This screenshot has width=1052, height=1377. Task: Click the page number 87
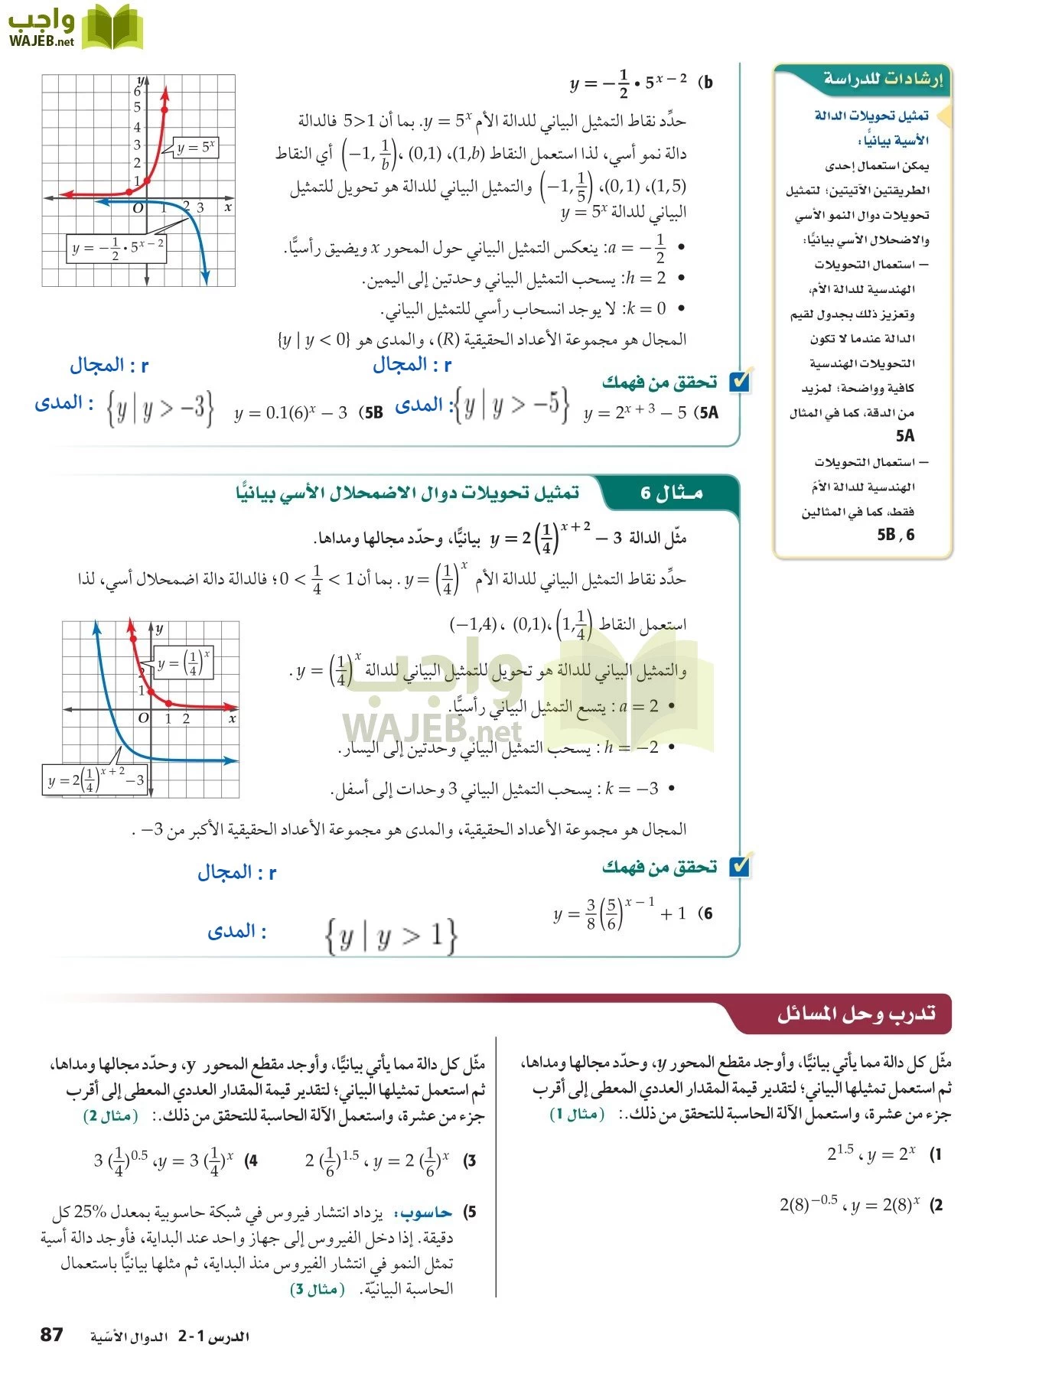(x=51, y=1335)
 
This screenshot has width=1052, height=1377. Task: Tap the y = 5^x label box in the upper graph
(x=196, y=148)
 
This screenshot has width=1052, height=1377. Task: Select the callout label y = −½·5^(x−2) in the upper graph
(x=117, y=249)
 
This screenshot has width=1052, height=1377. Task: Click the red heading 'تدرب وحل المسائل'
(x=856, y=1014)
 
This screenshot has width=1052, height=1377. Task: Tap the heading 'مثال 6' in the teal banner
(x=671, y=493)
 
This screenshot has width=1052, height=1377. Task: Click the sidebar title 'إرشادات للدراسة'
(x=883, y=79)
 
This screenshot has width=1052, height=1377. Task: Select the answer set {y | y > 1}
(x=391, y=936)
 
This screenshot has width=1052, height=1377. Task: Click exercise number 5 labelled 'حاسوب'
(x=470, y=1212)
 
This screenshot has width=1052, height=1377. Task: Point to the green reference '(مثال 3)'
(x=317, y=1289)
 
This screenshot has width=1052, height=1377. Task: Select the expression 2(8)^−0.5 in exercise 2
(x=809, y=1205)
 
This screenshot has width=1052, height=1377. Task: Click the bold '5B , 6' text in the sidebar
(x=895, y=535)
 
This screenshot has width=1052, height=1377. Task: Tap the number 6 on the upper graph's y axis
(x=138, y=91)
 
